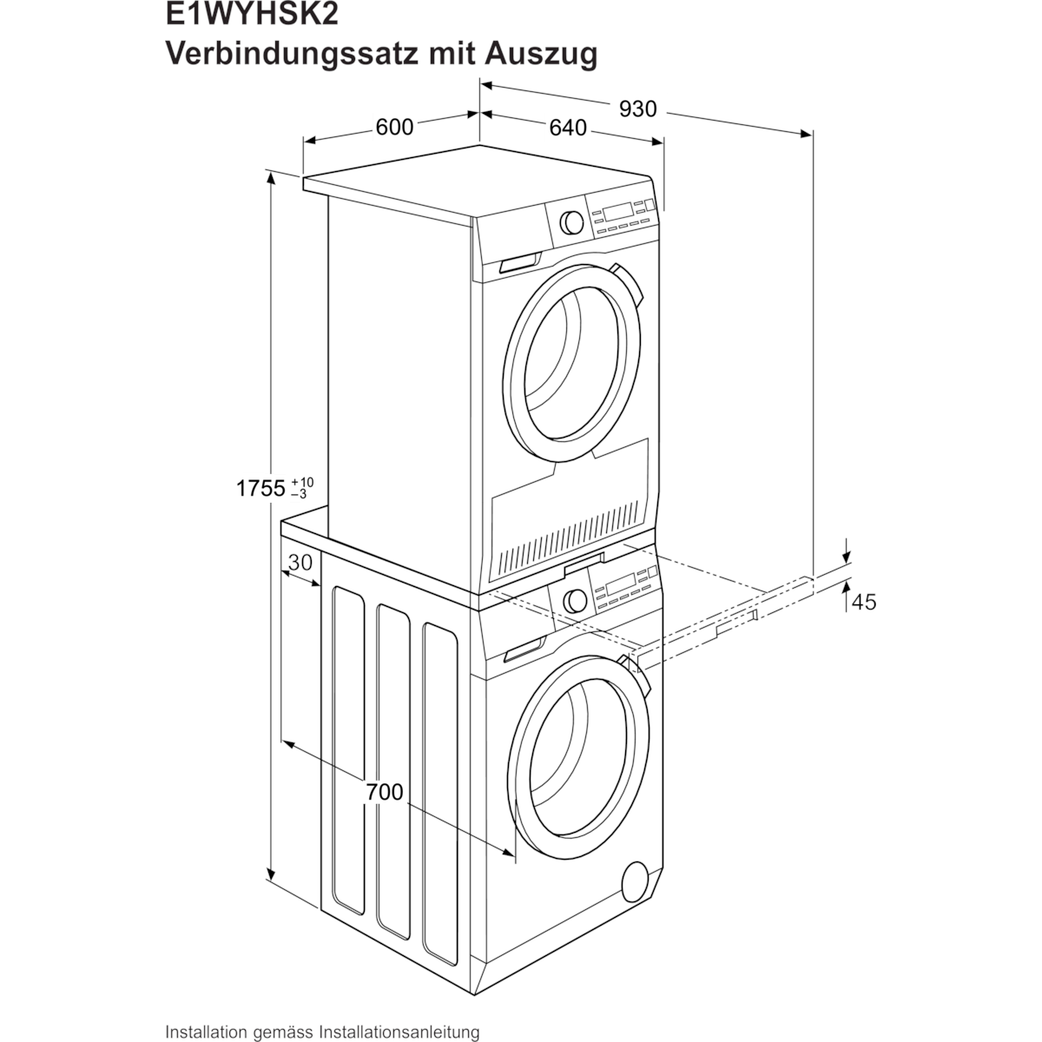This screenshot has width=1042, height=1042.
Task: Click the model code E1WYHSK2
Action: pyautogui.click(x=252, y=14)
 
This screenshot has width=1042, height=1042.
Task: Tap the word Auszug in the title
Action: pyautogui.click(x=541, y=56)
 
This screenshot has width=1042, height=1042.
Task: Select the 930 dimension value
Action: pyautogui.click(x=638, y=109)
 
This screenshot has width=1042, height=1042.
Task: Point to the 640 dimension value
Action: pyautogui.click(x=568, y=129)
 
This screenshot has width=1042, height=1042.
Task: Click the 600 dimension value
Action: pyautogui.click(x=395, y=128)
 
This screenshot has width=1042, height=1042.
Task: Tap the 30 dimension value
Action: pyautogui.click(x=300, y=563)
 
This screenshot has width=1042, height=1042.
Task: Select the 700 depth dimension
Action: pyautogui.click(x=385, y=792)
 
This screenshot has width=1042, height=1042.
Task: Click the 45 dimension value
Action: pyautogui.click(x=863, y=602)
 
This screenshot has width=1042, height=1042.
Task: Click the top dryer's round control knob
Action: pyautogui.click(x=571, y=222)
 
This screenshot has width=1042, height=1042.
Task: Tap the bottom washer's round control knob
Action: pyautogui.click(x=575, y=601)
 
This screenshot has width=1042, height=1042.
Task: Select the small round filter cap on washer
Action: pyautogui.click(x=635, y=882)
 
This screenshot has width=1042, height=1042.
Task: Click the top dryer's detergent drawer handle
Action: pyautogui.click(x=519, y=263)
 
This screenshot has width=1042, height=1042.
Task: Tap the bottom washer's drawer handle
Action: pyautogui.click(x=524, y=650)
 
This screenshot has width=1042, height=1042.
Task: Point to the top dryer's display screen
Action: pyautogui.click(x=618, y=211)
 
